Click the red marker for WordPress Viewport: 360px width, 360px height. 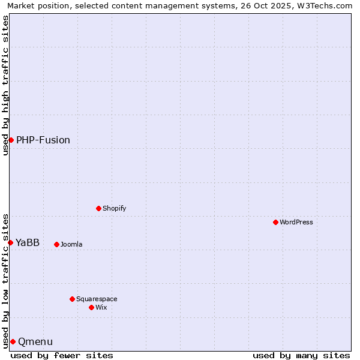(275, 222)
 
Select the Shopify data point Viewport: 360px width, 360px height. (98, 208)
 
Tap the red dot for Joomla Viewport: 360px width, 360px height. (56, 244)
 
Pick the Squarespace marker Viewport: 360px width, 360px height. (72, 299)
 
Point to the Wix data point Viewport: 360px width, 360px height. (91, 307)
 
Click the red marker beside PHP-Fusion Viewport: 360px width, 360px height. (11, 140)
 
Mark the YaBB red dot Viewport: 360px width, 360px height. (10, 242)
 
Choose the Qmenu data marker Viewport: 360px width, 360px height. (13, 341)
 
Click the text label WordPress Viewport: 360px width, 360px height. (296, 223)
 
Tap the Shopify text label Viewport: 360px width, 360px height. (115, 209)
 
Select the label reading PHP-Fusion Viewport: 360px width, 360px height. (43, 140)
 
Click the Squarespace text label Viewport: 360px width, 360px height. (97, 299)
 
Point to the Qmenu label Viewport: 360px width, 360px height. (35, 342)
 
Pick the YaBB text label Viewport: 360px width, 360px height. (28, 243)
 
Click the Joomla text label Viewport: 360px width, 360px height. (71, 245)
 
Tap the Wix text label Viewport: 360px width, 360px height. (101, 308)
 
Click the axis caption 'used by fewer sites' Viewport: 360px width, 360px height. (62, 355)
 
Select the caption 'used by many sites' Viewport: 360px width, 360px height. (301, 355)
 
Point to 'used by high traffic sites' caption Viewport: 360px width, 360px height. (5, 85)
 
